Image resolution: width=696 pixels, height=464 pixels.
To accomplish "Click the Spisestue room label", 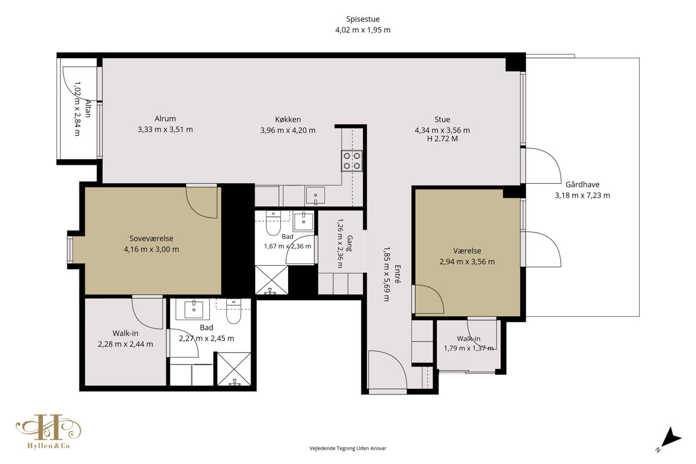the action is coord(362,19).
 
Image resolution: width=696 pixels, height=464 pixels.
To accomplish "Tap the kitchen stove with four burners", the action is coord(351,161).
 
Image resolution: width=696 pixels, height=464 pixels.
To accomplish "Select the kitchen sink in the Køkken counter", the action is coord(315,195).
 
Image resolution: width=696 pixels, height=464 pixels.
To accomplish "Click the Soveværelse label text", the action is coord(151,239).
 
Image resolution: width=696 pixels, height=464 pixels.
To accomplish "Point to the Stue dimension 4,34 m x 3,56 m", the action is coord(442,130).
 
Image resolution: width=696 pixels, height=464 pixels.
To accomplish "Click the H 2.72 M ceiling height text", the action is coord(442,139).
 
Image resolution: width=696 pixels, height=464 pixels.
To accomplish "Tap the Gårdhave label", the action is coord(582,184).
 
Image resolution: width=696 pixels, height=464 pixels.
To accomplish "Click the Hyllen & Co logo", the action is coord(49,432).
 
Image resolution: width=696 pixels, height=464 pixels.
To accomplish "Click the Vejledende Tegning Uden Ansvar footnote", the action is coord(347,448).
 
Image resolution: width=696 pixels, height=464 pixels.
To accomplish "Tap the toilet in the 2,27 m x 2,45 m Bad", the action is coord(234,311).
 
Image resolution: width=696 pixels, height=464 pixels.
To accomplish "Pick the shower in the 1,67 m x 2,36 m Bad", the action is coord(271,280).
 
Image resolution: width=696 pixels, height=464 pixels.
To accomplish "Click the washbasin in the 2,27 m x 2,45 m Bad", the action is coord(193,309).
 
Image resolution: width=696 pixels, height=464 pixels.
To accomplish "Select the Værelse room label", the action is coord(467,251).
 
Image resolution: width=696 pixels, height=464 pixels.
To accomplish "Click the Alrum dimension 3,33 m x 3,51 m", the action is coord(165,129).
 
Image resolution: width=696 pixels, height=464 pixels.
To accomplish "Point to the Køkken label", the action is coord(288,119).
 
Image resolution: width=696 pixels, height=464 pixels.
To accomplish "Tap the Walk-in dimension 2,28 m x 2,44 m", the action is coord(125,345).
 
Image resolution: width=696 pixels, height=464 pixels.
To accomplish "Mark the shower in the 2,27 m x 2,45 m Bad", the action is coord(234,369).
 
